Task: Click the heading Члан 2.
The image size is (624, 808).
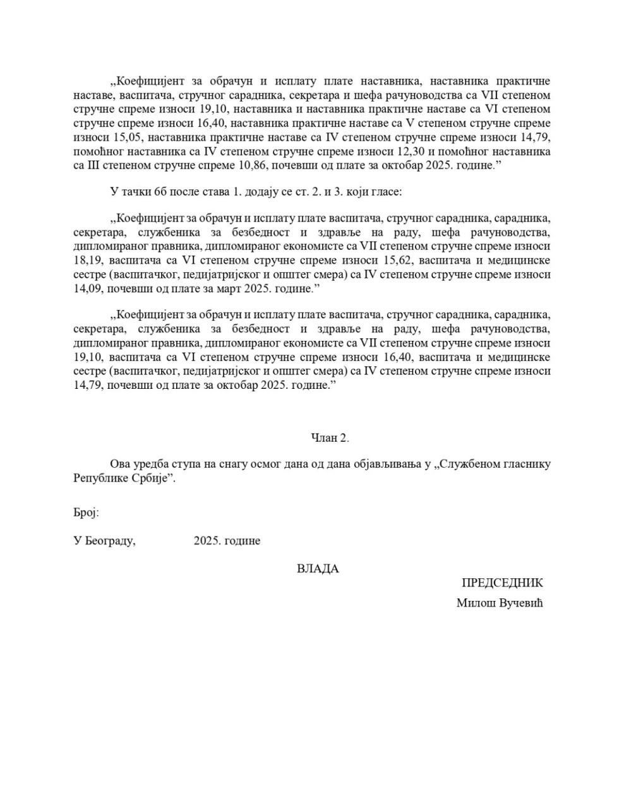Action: pos(330,438)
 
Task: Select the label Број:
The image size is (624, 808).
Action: pos(86,513)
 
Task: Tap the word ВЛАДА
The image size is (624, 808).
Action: pos(318,569)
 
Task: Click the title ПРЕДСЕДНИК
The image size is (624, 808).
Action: pos(502,583)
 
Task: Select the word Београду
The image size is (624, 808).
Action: pos(110,541)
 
